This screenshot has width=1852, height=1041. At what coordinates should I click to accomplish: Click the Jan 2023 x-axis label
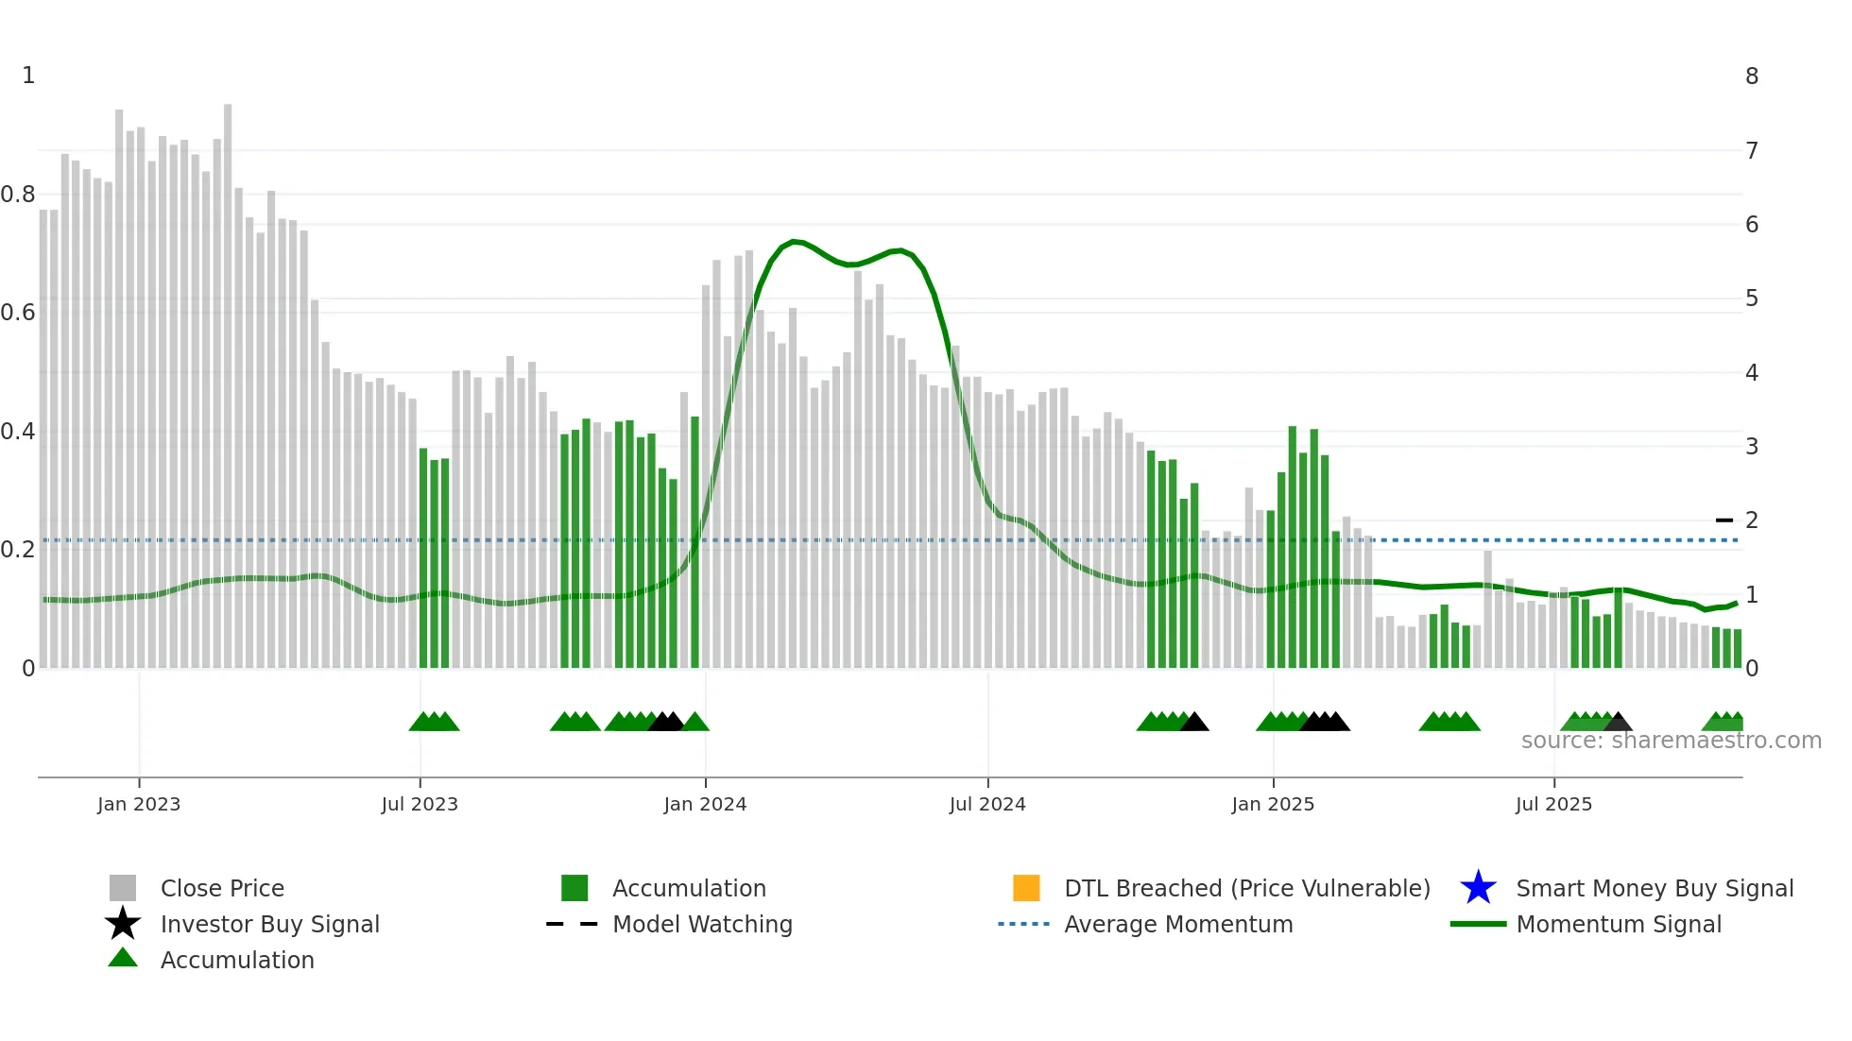(x=139, y=804)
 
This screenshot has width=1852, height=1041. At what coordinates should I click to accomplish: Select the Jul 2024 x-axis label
(x=987, y=804)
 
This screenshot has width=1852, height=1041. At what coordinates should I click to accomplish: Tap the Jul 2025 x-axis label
(x=1553, y=804)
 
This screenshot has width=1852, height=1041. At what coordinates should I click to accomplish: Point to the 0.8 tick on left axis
(x=18, y=195)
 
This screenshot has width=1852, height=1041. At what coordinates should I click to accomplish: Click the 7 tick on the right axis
(x=1751, y=150)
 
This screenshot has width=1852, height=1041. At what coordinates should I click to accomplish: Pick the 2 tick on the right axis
(x=1751, y=520)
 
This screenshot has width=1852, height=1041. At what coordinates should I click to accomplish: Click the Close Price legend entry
(x=222, y=888)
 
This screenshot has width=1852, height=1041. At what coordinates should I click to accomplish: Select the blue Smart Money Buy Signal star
(x=1478, y=888)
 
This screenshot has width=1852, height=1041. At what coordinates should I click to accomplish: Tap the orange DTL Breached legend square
(x=1026, y=888)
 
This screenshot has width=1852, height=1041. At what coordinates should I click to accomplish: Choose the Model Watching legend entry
(x=702, y=924)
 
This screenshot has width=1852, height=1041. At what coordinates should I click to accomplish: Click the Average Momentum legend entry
(x=1178, y=924)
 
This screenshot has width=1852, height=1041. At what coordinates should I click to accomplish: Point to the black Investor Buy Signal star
(x=123, y=924)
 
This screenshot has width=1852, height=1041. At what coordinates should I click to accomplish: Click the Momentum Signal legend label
(x=1619, y=924)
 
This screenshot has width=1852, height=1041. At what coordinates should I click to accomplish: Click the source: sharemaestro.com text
(x=1671, y=741)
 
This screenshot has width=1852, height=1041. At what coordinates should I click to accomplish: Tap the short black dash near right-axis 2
(x=1724, y=520)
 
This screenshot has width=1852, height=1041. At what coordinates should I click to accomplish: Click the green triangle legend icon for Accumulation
(x=123, y=958)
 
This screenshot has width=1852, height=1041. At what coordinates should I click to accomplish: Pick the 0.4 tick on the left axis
(x=18, y=432)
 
